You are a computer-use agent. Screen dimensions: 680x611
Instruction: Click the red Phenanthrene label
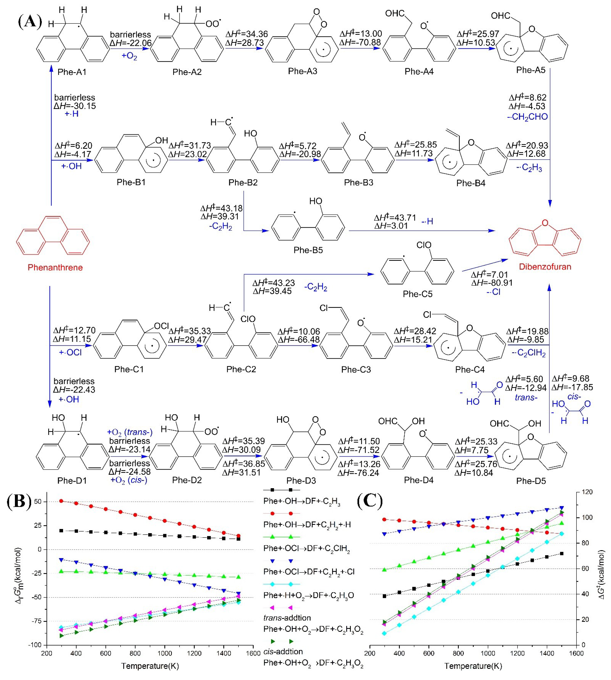point(55,268)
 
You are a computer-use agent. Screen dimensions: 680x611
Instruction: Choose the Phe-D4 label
point(419,480)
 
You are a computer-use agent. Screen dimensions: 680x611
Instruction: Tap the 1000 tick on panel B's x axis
point(165,653)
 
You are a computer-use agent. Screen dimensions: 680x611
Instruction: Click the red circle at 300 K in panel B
point(61,501)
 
